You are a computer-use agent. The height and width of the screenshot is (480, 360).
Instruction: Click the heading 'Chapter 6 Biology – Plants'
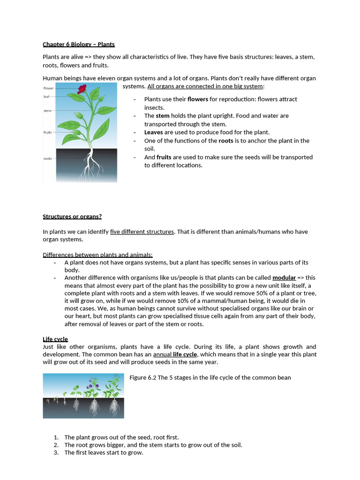[78, 45]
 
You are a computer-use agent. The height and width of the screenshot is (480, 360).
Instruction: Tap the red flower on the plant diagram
[83, 88]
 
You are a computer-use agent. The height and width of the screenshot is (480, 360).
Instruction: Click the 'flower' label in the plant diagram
[49, 88]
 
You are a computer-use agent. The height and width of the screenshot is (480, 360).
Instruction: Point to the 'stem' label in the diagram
[47, 111]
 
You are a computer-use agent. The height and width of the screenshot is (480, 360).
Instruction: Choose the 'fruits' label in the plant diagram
[48, 133]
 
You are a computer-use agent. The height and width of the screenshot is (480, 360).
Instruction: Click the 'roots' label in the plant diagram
[48, 158]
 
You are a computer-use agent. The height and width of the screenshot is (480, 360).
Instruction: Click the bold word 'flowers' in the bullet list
[197, 99]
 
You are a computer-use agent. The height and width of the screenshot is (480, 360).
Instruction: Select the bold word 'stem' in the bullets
[163, 116]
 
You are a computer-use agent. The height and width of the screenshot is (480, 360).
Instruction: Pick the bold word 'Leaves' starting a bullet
[153, 133]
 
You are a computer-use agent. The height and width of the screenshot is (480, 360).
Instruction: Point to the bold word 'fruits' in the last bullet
[164, 157]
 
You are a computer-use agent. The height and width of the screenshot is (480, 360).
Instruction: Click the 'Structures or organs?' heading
[72, 217]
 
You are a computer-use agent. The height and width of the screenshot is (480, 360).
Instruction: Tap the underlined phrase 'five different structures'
[142, 232]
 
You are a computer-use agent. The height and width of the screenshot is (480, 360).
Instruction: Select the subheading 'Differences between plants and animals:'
[97, 255]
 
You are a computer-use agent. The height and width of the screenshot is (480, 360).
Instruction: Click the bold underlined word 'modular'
[284, 277]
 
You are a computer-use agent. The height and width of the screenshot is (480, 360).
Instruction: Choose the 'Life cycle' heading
[55, 339]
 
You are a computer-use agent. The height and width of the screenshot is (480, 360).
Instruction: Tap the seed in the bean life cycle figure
[47, 401]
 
